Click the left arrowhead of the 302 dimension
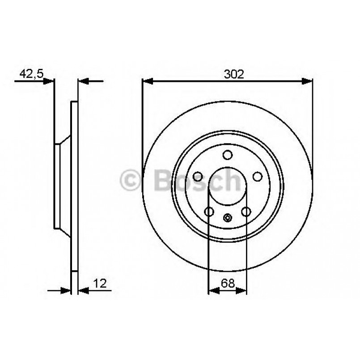147,81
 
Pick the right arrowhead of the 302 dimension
308,81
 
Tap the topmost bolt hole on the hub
228,155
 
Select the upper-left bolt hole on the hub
197,177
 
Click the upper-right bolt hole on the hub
258,177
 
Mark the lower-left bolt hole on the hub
209,212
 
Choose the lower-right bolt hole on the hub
246,212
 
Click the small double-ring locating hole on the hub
228,218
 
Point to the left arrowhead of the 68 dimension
213,291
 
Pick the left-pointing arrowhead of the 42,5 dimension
83,81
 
